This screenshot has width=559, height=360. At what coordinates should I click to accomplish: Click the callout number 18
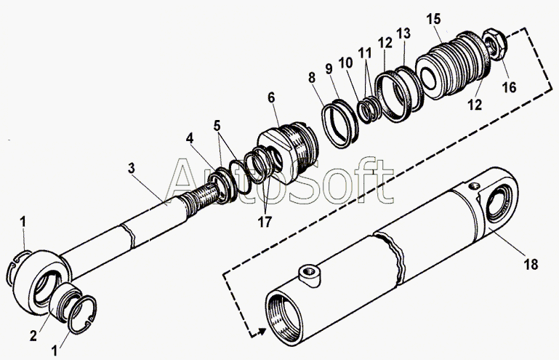point(532,264)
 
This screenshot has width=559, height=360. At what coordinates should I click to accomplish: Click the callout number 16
point(509,87)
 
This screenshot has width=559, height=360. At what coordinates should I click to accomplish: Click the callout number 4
point(189,137)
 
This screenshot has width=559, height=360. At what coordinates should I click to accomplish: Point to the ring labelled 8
point(340,119)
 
